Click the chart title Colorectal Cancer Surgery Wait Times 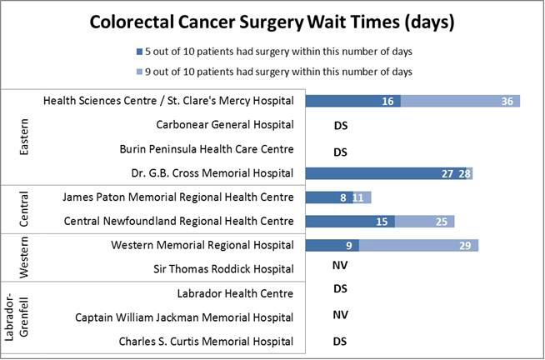[x=272, y=22]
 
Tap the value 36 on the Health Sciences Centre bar [x=507, y=101]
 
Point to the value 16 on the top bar [x=387, y=101]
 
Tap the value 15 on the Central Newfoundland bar [x=382, y=222]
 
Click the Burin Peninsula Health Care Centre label [x=225, y=149]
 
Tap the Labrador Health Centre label [x=235, y=293]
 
